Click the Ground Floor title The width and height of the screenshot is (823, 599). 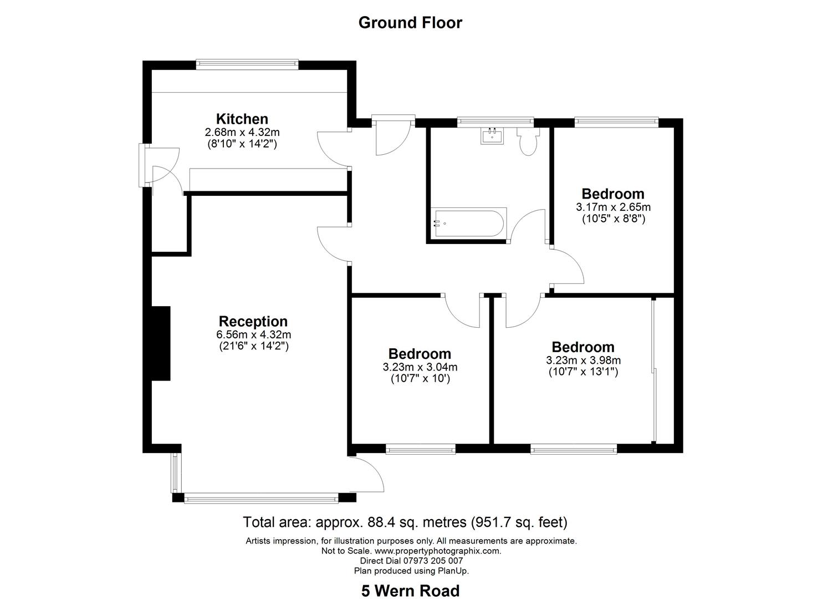click(410, 23)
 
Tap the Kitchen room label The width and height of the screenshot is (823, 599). click(242, 119)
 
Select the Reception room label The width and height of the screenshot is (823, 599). click(253, 321)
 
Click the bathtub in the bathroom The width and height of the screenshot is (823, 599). click(468, 223)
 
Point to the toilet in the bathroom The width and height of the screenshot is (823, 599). click(528, 142)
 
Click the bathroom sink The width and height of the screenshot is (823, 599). click(492, 136)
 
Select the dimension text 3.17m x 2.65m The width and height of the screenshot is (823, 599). click(614, 207)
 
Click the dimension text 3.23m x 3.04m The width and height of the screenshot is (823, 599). click(420, 367)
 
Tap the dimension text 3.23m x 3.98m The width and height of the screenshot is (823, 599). click(583, 360)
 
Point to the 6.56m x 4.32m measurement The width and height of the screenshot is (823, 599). click(253, 334)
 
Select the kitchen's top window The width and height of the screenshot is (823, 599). click(247, 65)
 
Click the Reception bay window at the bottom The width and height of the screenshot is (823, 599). click(260, 499)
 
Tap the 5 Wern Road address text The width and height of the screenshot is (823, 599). click(410, 591)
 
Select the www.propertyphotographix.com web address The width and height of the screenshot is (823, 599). click(438, 551)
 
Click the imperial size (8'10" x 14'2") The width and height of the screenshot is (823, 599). click(242, 144)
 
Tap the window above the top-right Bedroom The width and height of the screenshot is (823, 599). click(616, 122)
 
